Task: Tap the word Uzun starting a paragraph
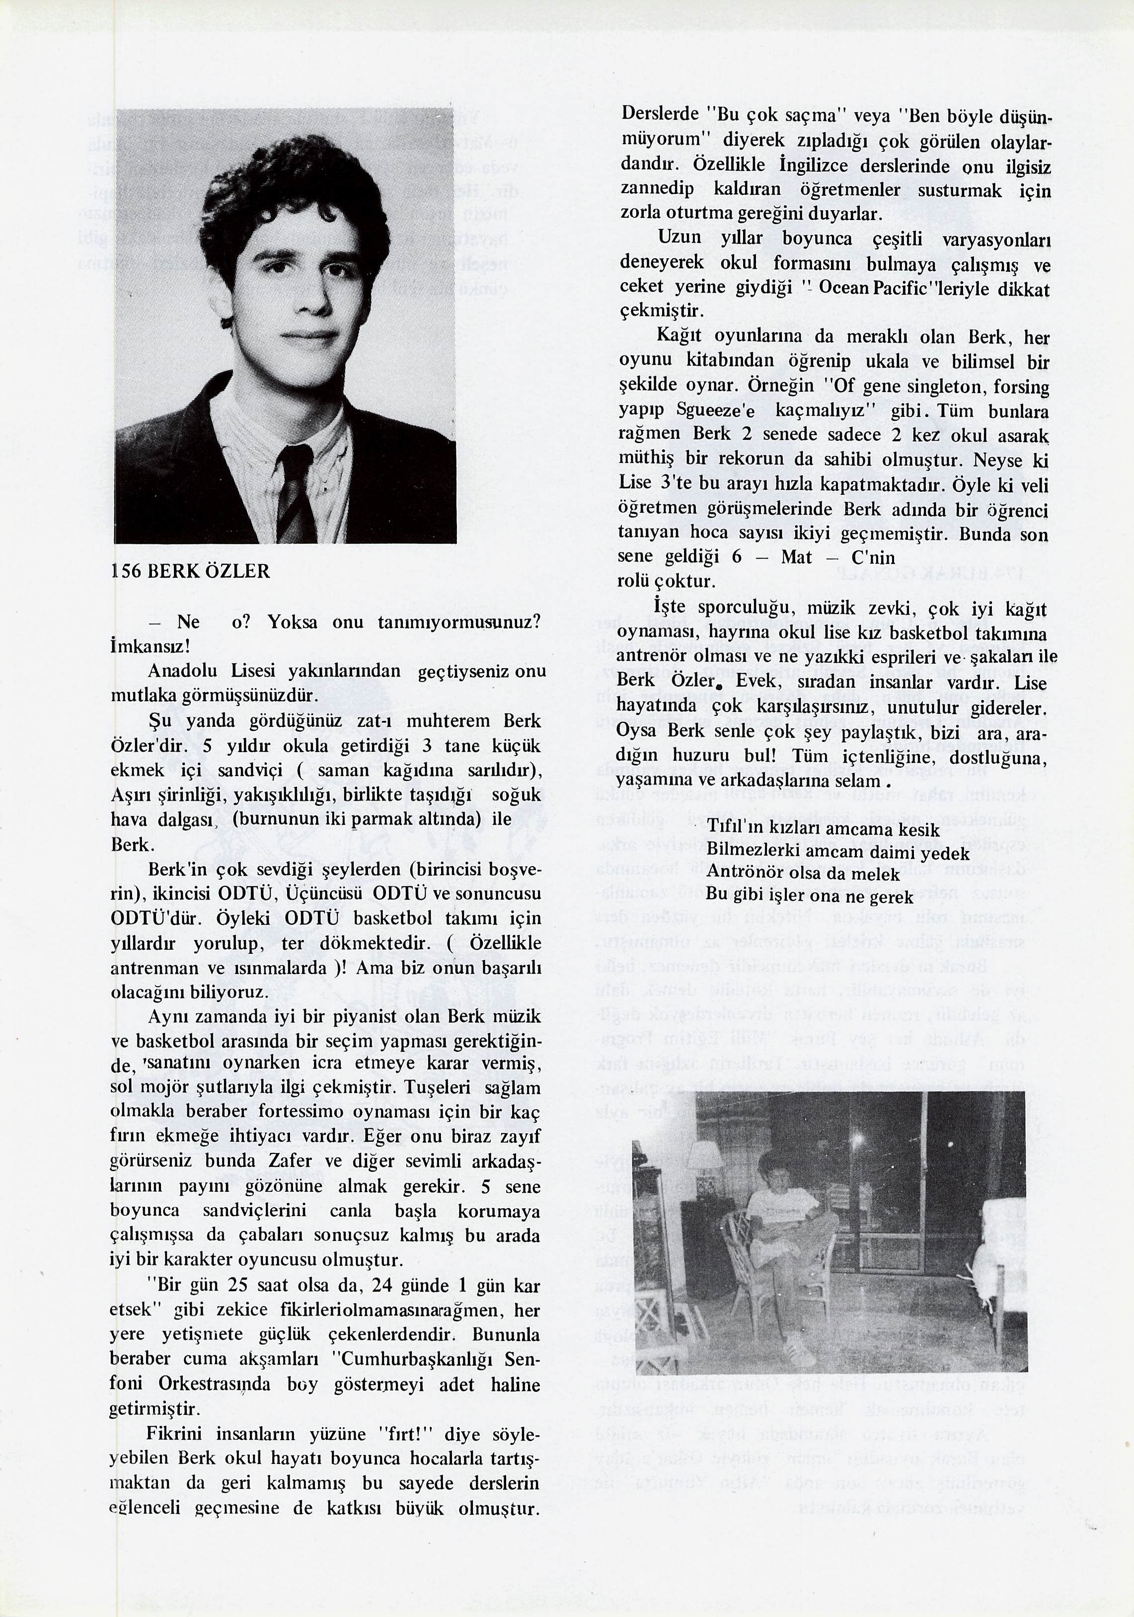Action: [x=679, y=238]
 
